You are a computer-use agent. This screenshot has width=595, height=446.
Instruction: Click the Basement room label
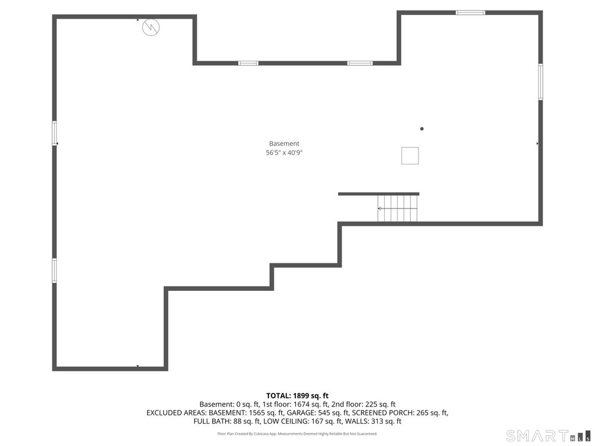click(284, 143)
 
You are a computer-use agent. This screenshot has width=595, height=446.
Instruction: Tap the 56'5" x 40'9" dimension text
click(284, 153)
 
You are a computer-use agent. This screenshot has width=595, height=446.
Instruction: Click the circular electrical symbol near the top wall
click(150, 27)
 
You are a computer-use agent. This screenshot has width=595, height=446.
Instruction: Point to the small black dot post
click(422, 129)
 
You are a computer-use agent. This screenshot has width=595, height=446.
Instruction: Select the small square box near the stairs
click(410, 156)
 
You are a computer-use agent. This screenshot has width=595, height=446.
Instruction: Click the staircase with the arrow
click(397, 208)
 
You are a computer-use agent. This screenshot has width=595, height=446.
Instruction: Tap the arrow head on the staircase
click(379, 208)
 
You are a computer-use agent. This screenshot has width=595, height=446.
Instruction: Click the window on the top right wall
click(470, 13)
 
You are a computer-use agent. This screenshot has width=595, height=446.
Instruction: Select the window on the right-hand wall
click(540, 82)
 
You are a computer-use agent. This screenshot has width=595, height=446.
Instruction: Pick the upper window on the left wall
click(54, 133)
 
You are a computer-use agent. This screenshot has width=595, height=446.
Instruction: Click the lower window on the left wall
click(54, 271)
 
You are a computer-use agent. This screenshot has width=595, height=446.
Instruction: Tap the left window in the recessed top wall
click(248, 63)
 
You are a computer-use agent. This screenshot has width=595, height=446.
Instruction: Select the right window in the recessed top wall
click(360, 63)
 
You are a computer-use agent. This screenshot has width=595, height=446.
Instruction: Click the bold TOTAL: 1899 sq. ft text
click(297, 396)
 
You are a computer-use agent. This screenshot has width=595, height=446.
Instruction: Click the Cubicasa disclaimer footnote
click(297, 433)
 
